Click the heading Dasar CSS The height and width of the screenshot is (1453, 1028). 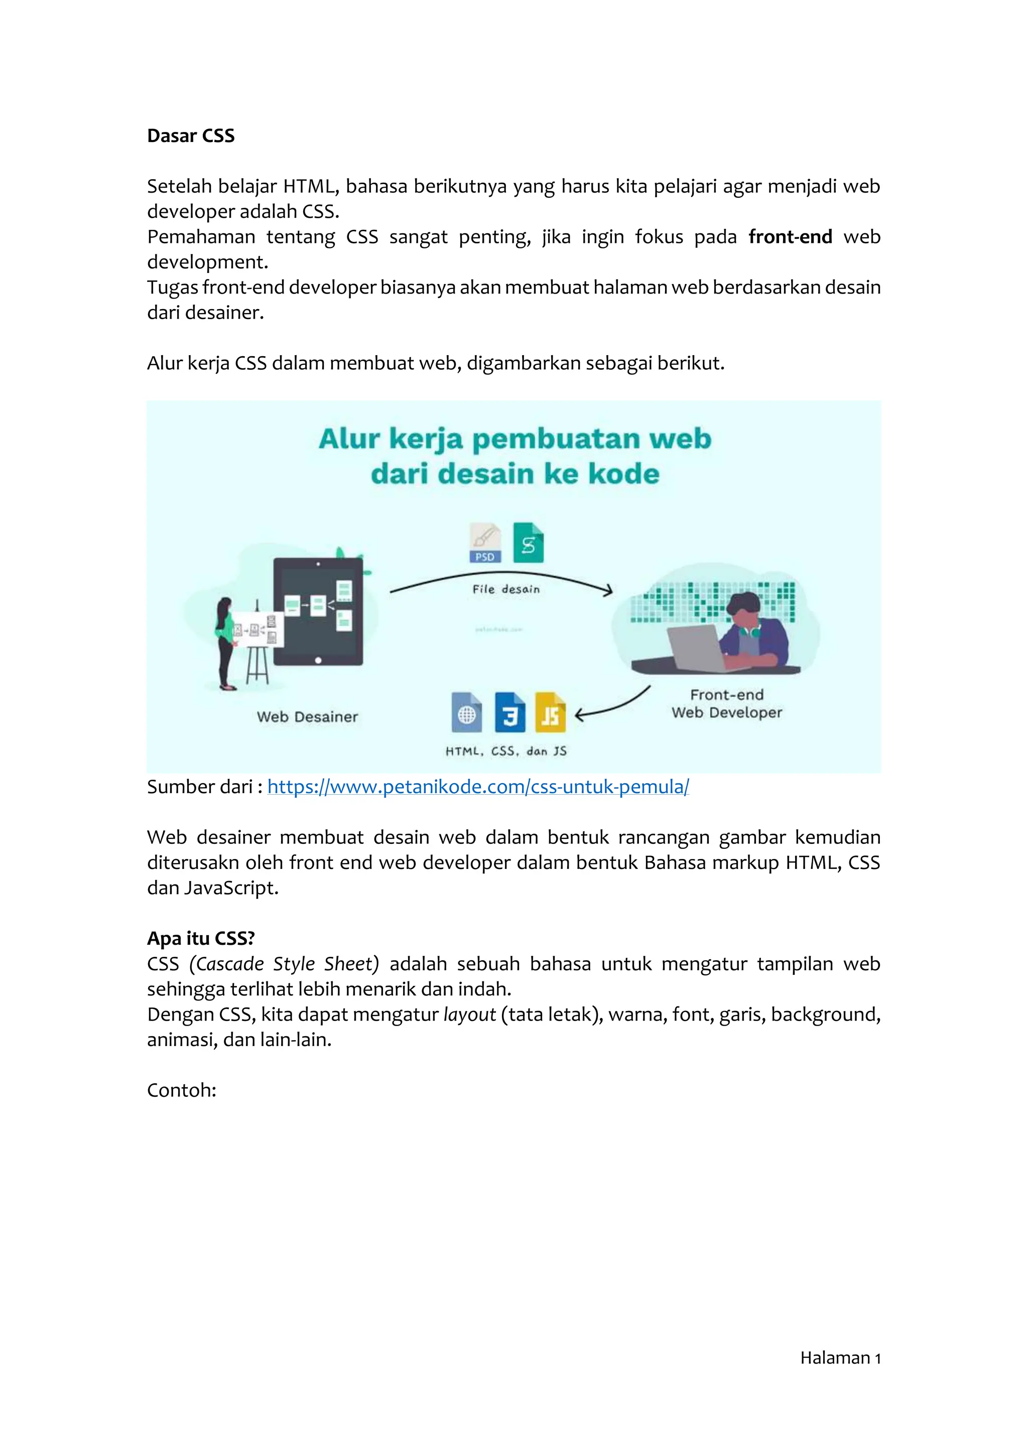(x=191, y=136)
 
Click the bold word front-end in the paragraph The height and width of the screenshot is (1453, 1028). (x=790, y=237)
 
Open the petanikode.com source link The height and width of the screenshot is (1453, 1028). (x=478, y=787)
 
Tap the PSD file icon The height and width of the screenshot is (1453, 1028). (x=485, y=543)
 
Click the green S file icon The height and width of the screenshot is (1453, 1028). (x=528, y=543)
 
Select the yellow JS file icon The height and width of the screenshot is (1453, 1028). (x=550, y=712)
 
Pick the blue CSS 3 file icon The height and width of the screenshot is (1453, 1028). (x=509, y=712)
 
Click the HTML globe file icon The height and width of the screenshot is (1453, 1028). (x=466, y=712)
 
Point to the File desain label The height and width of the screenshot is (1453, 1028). (x=506, y=589)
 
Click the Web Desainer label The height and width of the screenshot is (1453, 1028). (x=307, y=717)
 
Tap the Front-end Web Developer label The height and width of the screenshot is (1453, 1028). (x=727, y=704)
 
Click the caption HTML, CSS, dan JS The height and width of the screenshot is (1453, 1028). (x=506, y=751)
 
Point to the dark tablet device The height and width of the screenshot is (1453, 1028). (x=318, y=611)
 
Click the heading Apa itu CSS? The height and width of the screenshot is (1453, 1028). (x=201, y=939)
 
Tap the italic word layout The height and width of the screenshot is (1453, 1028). (x=469, y=1014)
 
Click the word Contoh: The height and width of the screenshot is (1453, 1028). (x=182, y=1090)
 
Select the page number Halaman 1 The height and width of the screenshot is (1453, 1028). (x=840, y=1358)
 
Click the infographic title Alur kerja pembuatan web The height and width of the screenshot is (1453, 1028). (x=514, y=439)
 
